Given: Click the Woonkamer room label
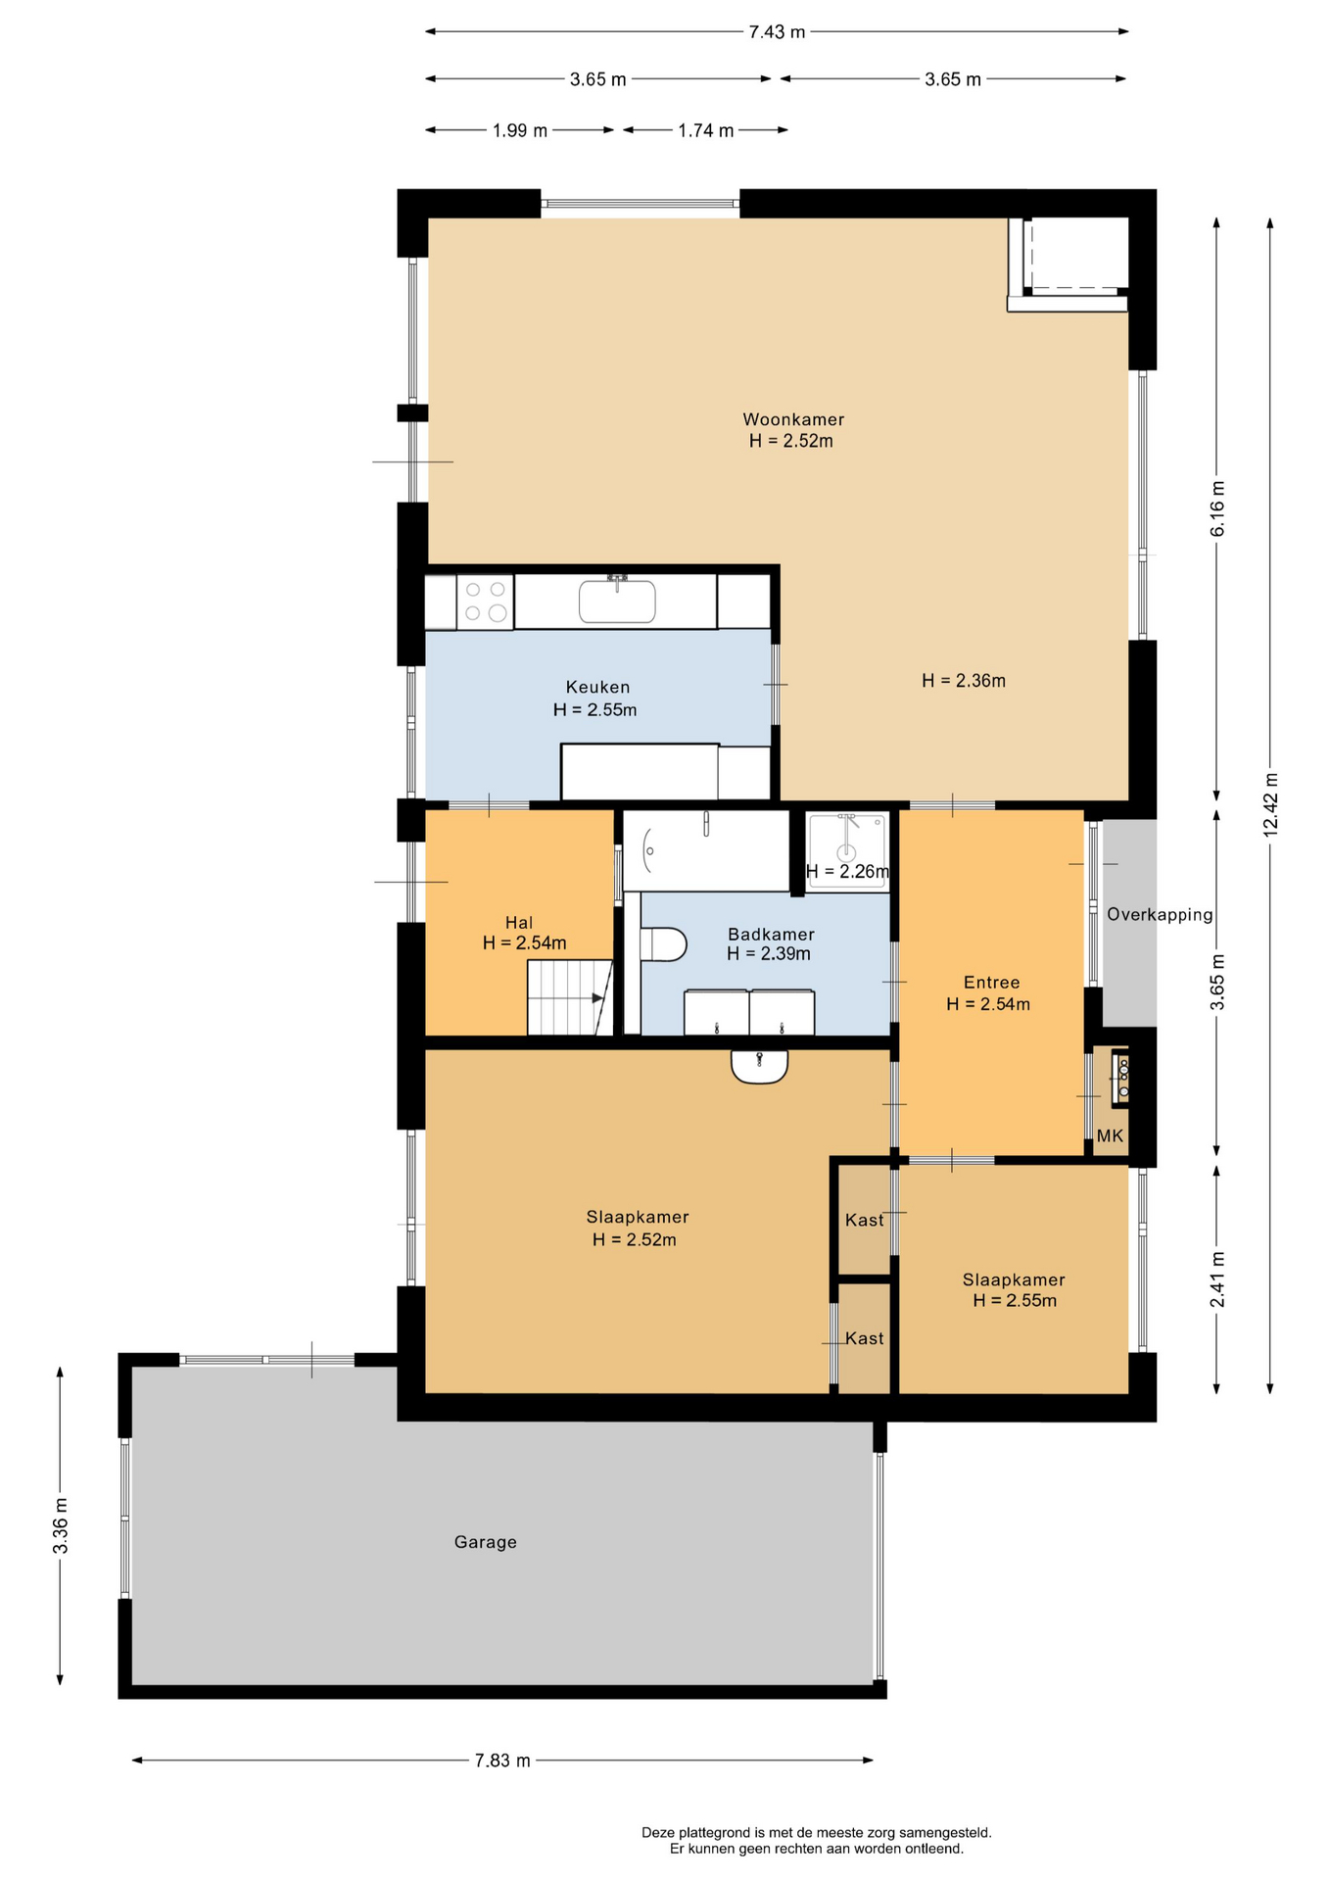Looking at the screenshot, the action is [x=793, y=419].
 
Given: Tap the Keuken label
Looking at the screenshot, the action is [x=597, y=687].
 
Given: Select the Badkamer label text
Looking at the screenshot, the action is [x=771, y=934].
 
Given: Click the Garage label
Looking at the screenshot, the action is [x=485, y=1541].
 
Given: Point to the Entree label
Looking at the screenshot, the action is [x=991, y=982].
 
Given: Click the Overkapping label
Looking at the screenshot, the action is [x=1160, y=914].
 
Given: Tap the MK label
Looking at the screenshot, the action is [x=1110, y=1135].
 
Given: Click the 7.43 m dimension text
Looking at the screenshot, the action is [x=777, y=31].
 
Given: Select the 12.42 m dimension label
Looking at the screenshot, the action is [x=1270, y=803].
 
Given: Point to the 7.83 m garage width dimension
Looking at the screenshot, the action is [x=502, y=1760].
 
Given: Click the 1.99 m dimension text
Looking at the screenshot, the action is [x=519, y=130].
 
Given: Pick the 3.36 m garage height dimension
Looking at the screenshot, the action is [x=61, y=1525].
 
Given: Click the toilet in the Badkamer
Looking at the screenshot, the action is [x=663, y=944].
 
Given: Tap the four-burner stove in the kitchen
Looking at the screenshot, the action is [x=485, y=602].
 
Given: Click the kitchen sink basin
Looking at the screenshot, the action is [x=617, y=601].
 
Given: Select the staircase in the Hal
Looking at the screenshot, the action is [x=569, y=997].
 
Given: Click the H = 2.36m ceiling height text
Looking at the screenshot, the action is [x=964, y=680].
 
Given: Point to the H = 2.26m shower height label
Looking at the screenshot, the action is [x=847, y=871].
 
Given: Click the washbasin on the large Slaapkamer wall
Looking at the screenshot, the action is [x=759, y=1066].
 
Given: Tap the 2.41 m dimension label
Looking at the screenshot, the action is [x=1217, y=1278].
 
